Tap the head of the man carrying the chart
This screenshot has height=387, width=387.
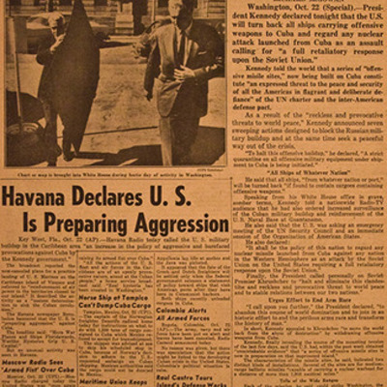pyautogui.click(x=52, y=23)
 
